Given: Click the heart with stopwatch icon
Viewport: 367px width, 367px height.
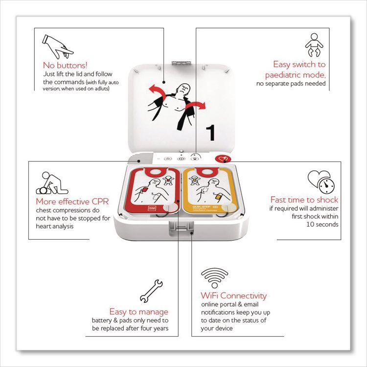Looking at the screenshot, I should [321, 181].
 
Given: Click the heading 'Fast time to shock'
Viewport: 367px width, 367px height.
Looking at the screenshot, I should [304, 200].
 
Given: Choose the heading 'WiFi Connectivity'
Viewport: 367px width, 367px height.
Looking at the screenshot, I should [234, 296].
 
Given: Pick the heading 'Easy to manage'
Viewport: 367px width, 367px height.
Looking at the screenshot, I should [139, 311].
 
